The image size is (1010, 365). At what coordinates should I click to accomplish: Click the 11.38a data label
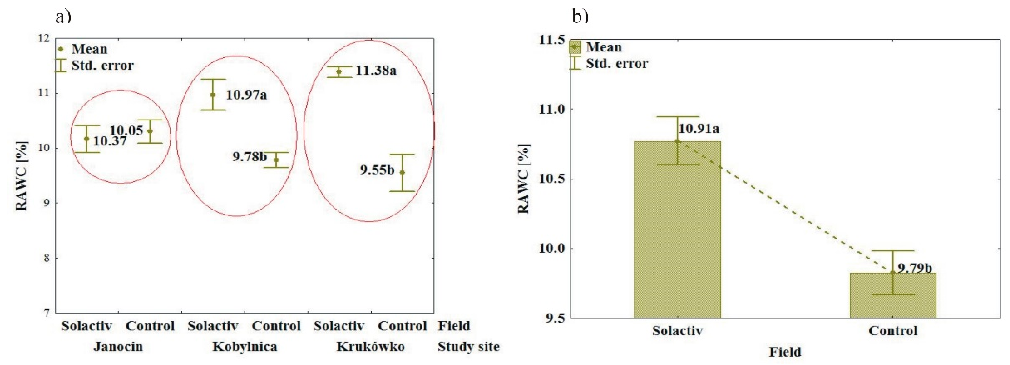point(376,71)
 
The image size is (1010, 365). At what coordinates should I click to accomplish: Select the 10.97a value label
point(246,95)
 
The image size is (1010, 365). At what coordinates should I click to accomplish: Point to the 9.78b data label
point(249,157)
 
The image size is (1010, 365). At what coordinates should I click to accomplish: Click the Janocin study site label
point(118,347)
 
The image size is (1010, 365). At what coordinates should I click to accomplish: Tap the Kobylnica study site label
point(245,347)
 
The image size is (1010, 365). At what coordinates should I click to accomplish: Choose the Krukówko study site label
point(370,347)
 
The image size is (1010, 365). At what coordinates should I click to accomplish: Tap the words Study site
point(469,347)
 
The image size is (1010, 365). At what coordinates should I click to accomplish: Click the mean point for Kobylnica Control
point(276,160)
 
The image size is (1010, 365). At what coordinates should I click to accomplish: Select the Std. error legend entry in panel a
point(94,65)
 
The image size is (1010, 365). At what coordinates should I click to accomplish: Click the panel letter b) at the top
point(580,16)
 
